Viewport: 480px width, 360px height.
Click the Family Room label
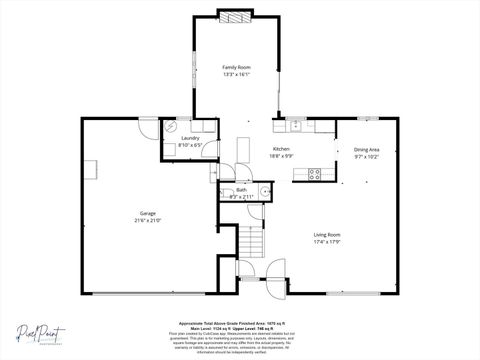(x=236, y=67)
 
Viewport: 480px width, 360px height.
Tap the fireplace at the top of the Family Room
(x=236, y=16)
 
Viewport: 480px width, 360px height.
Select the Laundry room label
(x=190, y=138)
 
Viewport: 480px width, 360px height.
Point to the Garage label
(x=147, y=214)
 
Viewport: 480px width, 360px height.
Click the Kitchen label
(x=282, y=149)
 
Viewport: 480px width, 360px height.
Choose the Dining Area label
(x=367, y=150)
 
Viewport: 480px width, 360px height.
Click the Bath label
(x=241, y=190)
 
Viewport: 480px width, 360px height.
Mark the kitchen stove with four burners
(x=314, y=173)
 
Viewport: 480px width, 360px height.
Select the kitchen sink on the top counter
(x=295, y=125)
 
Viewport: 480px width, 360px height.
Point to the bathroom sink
(x=263, y=191)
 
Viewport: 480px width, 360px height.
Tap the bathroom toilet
(x=226, y=191)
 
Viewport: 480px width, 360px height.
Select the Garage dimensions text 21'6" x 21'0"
(x=147, y=221)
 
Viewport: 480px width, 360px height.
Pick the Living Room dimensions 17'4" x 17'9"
(x=327, y=241)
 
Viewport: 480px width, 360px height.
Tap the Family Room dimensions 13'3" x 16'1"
(x=236, y=74)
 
